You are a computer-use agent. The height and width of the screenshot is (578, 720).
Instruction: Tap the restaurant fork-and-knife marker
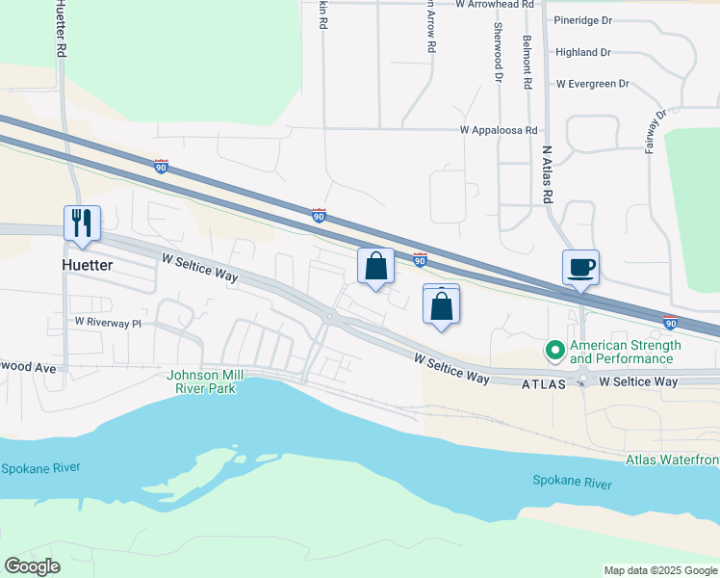pos(81,224)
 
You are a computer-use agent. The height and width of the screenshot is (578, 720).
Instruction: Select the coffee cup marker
pos(581,268)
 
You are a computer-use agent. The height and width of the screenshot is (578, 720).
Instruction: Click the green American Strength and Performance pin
pos(554,352)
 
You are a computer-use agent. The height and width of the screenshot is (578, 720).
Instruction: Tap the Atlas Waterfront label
pos(672,460)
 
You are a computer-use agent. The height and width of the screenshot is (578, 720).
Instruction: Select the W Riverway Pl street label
pos(108,323)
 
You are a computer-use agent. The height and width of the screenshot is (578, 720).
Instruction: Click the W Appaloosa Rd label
pos(498,130)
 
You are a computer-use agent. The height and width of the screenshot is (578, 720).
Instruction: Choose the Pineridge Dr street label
pos(583,20)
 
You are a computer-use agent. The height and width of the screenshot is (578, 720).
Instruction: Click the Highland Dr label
pos(583,53)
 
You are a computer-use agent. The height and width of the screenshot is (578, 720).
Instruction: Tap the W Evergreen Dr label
pos(592,85)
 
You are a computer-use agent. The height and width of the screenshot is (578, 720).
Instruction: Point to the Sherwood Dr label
pos(500,60)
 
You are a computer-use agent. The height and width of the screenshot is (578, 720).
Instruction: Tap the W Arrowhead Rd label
pos(495,5)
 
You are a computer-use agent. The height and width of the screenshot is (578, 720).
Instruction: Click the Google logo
pos(32,566)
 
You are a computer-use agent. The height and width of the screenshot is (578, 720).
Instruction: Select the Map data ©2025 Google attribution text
pos(659,570)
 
